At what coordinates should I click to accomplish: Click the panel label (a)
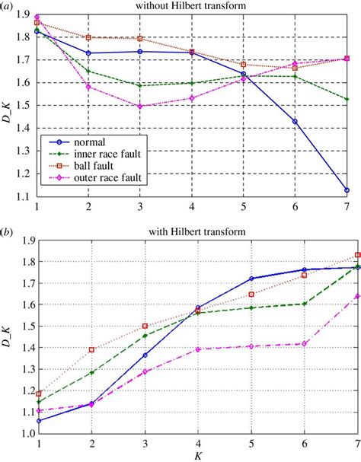10,6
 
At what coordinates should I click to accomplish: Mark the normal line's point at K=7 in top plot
347,190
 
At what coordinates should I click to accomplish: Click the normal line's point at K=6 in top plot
295,121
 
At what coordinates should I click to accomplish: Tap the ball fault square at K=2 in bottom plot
91,349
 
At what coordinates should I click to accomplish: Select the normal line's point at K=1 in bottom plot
39,420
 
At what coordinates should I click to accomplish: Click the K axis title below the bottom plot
193,455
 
